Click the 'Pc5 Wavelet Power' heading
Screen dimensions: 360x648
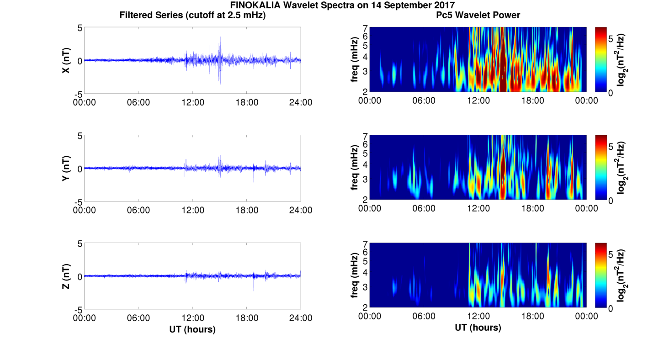[478, 15]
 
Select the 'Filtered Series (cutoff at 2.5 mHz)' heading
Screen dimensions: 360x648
[192, 15]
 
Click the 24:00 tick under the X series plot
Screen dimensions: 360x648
[301, 102]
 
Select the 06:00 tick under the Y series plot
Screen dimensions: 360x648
[138, 210]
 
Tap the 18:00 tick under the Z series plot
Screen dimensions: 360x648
[247, 318]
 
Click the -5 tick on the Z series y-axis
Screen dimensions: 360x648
[79, 309]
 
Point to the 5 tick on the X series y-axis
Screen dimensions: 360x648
[80, 28]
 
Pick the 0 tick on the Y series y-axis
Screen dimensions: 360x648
[80, 169]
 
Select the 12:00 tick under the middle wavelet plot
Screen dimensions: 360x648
[478, 209]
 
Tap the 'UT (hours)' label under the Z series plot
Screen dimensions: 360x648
[192, 329]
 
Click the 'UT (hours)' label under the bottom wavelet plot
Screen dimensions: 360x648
[478, 328]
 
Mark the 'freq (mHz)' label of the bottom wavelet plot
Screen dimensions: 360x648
[354, 275]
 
